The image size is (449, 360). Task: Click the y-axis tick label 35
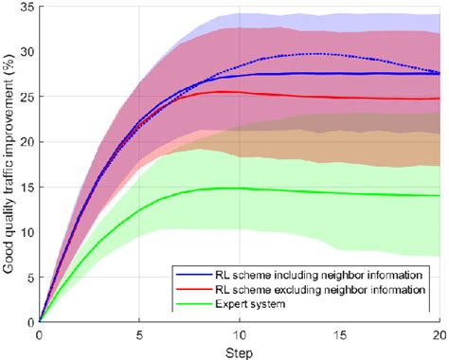(x=27, y=8)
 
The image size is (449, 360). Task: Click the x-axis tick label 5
(x=140, y=334)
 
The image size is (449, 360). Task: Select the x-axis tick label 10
(x=241, y=334)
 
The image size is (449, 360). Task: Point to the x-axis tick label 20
(x=439, y=334)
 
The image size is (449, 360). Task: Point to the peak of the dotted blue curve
(x=320, y=54)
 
